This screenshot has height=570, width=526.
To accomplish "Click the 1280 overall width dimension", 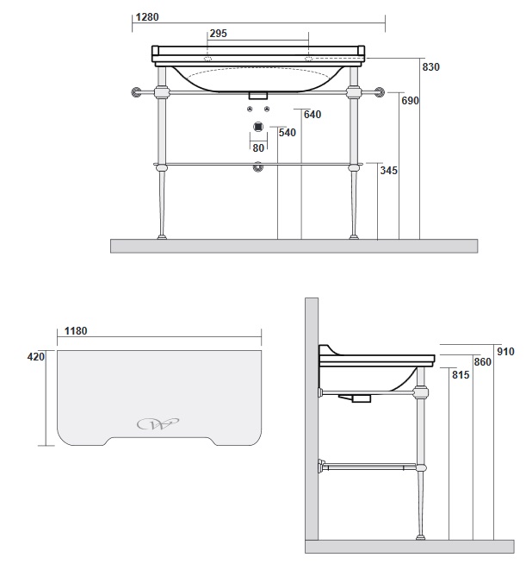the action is tap(147, 17).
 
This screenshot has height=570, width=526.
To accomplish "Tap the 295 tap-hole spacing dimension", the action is tap(218, 34).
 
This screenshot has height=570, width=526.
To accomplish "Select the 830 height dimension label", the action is tap(431, 67).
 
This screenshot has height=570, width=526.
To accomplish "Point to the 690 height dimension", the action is tap(410, 100).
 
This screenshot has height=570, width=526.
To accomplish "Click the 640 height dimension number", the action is tap(313, 115).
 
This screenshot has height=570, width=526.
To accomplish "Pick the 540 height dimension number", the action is tap(288, 133).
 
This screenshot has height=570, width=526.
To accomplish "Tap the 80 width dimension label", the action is tap(258, 148).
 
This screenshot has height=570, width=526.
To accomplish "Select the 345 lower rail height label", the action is tap(389, 171).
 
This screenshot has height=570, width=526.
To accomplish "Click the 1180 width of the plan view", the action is tap(76, 331).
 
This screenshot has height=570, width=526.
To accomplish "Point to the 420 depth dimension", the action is tap(36, 357).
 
